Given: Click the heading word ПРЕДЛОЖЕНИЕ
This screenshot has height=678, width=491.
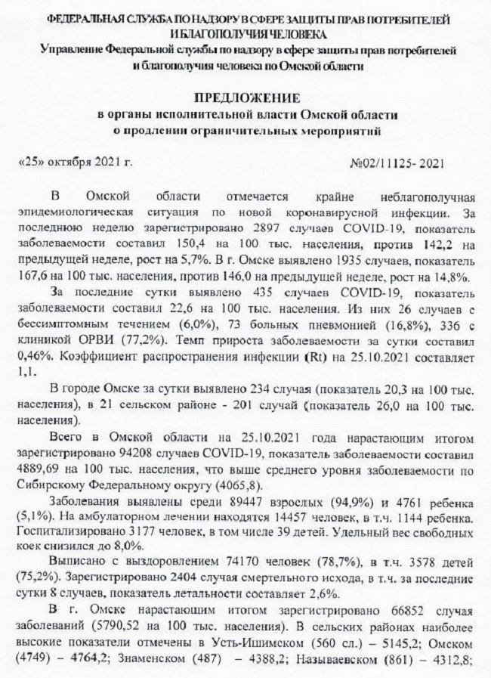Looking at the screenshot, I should pyautogui.click(x=247, y=98).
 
